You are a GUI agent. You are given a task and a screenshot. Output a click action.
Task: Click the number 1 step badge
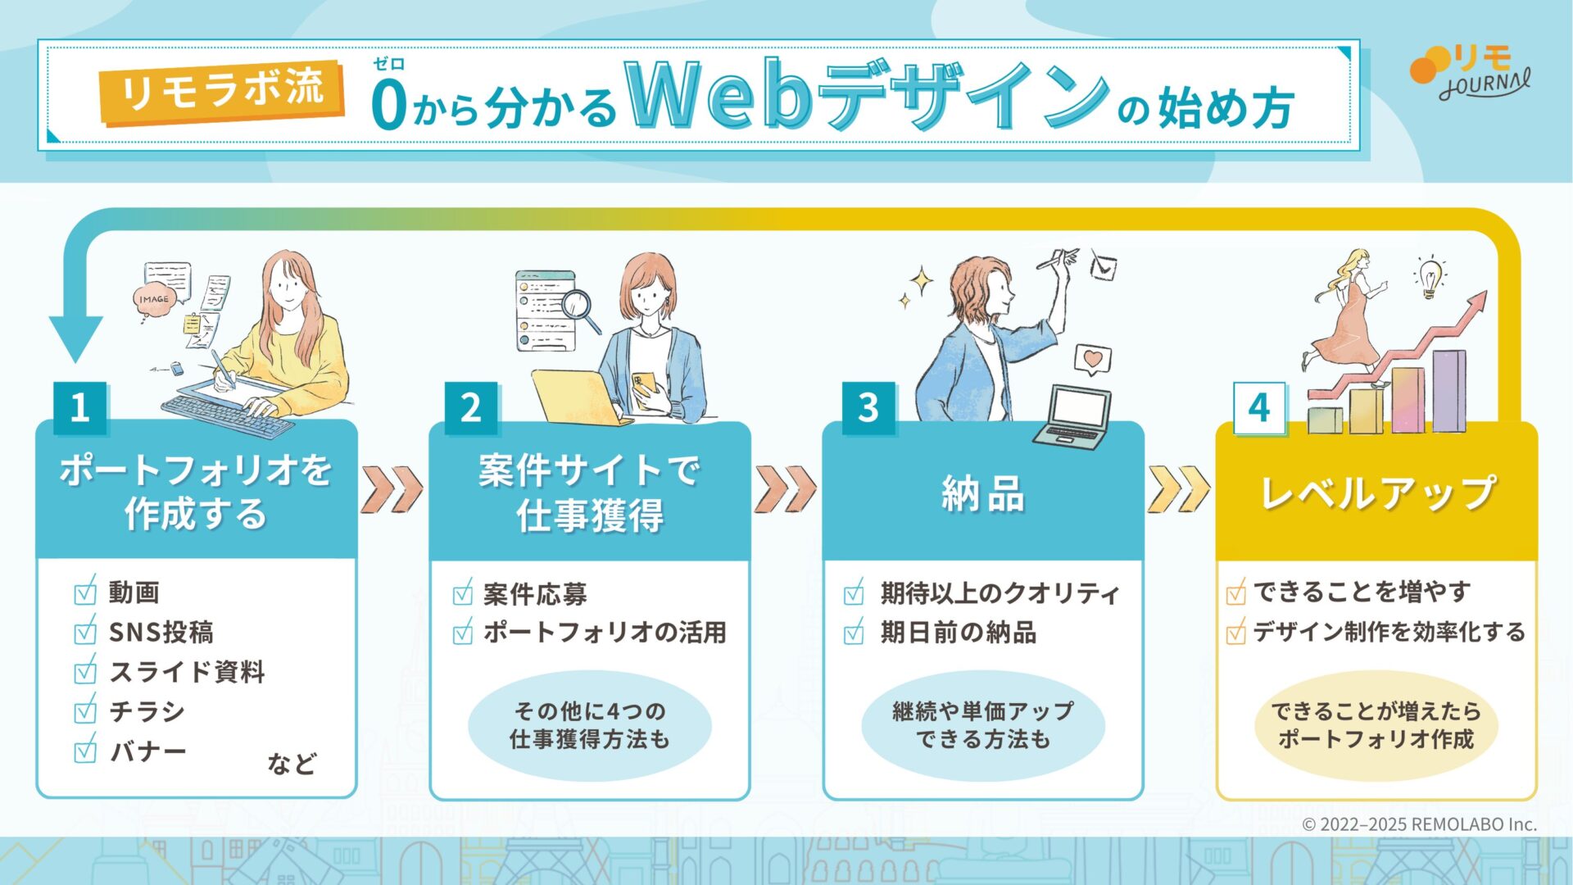tap(79, 407)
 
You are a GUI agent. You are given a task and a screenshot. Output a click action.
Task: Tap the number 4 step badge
tap(1259, 407)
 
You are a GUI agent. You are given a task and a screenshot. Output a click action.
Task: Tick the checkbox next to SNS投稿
tap(85, 632)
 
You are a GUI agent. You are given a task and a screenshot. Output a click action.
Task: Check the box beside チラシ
tap(85, 710)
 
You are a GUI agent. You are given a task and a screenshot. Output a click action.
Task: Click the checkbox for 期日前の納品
tap(854, 633)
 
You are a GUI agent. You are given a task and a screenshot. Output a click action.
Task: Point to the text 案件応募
tap(535, 593)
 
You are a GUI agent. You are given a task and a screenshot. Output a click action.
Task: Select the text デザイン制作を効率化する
tap(1389, 632)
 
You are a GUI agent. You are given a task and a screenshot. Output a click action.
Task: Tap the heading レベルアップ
tap(1378, 492)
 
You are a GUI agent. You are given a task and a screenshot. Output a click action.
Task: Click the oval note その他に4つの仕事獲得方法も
tap(590, 725)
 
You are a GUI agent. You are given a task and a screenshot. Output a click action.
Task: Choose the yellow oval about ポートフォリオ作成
tap(1376, 725)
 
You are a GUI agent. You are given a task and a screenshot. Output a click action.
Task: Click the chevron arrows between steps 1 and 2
tap(392, 489)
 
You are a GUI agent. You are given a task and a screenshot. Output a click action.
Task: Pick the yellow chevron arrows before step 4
tap(1178, 489)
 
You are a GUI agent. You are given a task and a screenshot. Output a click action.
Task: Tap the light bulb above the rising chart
tap(1430, 276)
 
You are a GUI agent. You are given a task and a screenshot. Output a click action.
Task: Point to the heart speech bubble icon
tap(1092, 360)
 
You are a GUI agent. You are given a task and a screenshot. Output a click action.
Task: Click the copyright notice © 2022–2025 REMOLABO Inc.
tap(1420, 824)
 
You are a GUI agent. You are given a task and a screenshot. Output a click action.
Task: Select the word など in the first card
tap(292, 764)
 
